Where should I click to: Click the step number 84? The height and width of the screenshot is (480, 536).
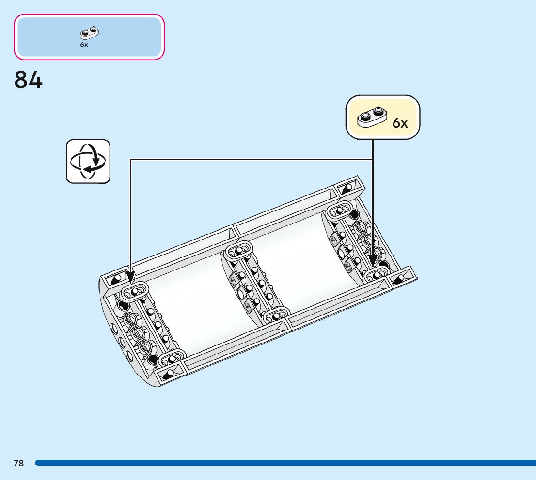pos(29,80)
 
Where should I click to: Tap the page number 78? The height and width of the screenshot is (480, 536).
pos(18,464)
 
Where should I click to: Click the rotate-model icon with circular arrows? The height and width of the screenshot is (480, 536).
pos(88,162)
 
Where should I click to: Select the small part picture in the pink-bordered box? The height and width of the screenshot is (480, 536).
pos(89,33)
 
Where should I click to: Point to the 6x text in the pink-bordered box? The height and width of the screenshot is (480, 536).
pos(84,45)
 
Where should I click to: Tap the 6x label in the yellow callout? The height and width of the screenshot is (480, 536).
pos(400,123)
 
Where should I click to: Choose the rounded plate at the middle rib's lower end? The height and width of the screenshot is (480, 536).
pos(276,316)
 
